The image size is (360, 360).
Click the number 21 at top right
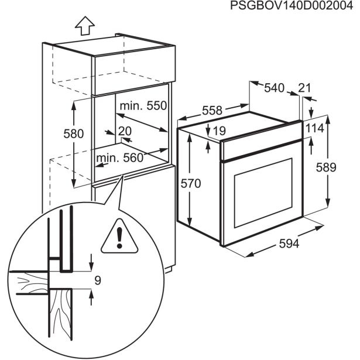pyautogui.click(x=304, y=88)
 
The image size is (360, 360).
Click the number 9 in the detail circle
pyautogui.click(x=97, y=280)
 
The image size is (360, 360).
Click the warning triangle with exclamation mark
pyautogui.click(x=119, y=239)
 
